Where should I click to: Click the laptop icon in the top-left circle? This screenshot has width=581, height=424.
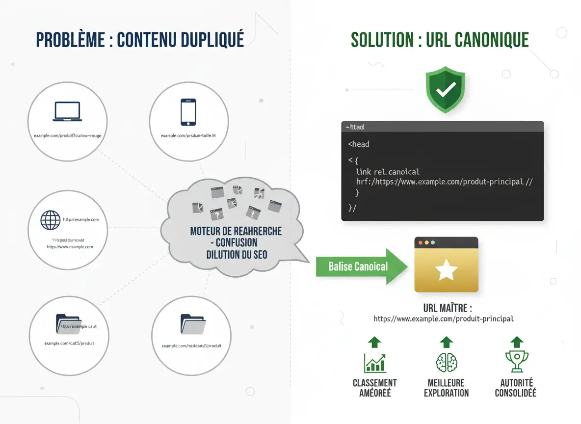67,111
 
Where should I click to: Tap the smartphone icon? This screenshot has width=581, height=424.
188,112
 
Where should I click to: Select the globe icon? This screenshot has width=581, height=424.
51,220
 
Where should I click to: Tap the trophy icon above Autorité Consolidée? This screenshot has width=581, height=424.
515,362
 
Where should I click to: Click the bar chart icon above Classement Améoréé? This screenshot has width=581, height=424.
374,362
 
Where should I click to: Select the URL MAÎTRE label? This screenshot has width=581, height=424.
447,308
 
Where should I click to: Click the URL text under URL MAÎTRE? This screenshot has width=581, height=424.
444,318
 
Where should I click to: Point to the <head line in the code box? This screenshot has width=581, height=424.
359,144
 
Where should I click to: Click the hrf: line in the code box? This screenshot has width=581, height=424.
444,182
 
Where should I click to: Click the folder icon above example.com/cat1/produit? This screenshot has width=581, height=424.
67,323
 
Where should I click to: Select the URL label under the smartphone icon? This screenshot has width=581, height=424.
188,135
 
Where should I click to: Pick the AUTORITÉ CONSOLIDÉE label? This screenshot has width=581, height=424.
515,388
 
